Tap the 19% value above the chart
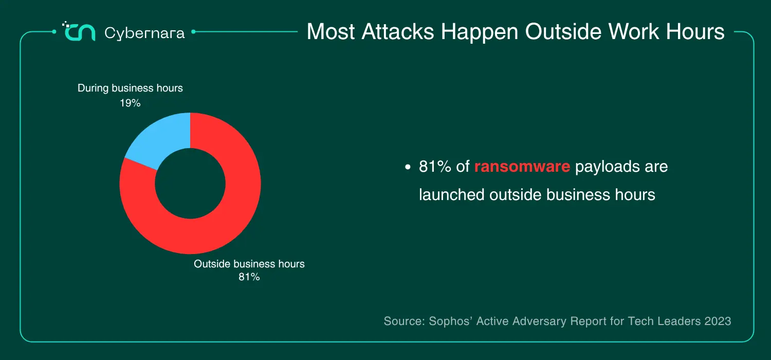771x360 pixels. click(x=130, y=103)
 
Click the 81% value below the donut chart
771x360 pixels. click(x=249, y=277)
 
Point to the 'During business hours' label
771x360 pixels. click(x=130, y=88)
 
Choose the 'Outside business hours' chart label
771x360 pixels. click(x=249, y=264)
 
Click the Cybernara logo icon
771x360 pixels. click(x=79, y=31)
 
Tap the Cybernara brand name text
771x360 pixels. click(x=144, y=33)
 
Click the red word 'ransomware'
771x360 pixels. click(x=522, y=167)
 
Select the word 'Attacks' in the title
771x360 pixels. click(x=398, y=32)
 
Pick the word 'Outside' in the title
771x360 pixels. click(x=563, y=32)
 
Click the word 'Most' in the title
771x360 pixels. click(x=331, y=32)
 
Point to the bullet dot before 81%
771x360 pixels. click(x=408, y=167)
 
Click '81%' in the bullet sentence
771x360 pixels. click(x=435, y=167)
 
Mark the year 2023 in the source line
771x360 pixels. click(x=718, y=321)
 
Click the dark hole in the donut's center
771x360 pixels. click(x=190, y=183)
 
